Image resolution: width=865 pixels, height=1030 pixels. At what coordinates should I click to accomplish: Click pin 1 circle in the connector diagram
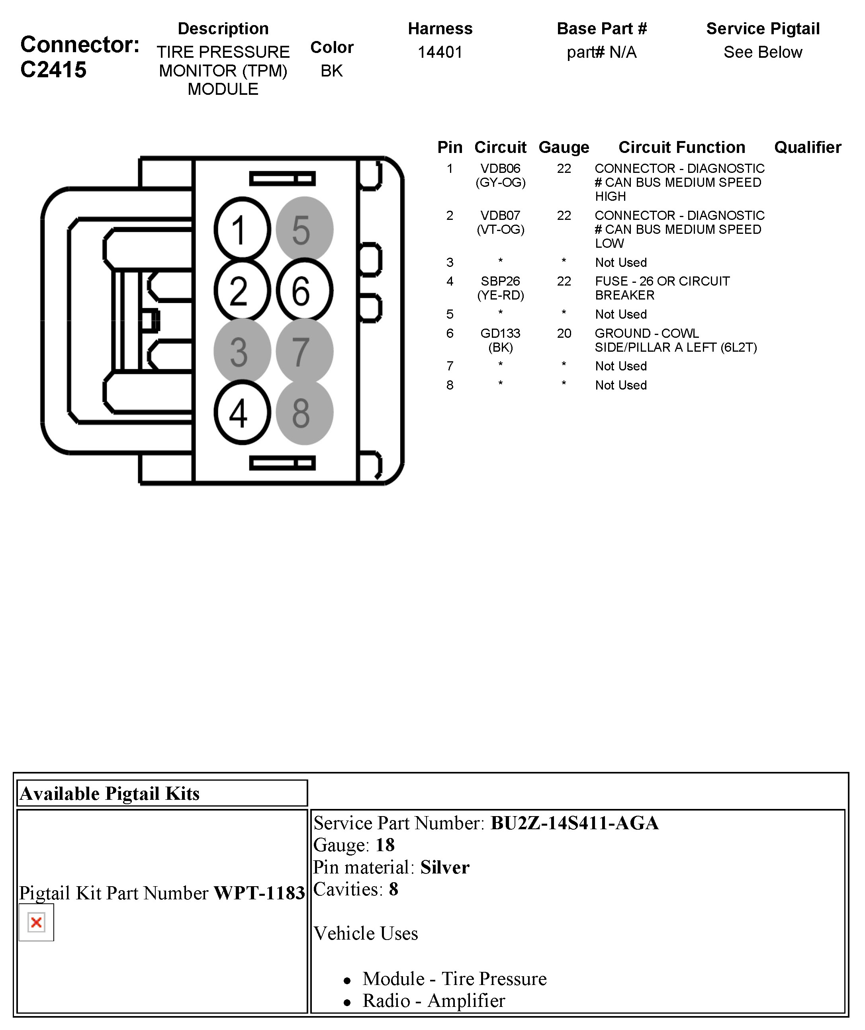(242, 229)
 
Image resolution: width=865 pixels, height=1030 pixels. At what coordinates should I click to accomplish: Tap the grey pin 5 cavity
(305, 229)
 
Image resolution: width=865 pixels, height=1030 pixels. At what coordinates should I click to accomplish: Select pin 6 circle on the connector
(305, 291)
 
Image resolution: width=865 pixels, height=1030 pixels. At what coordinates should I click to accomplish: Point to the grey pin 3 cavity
(242, 352)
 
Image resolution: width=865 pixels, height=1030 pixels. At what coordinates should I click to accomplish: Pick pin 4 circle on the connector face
(242, 413)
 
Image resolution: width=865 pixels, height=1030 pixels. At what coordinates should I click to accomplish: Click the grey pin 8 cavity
(305, 413)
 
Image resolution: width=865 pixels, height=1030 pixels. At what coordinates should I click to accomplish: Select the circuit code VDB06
(500, 169)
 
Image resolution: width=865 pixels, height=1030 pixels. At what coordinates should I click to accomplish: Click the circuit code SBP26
(500, 282)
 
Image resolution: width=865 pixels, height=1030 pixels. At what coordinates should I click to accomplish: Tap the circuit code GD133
(500, 333)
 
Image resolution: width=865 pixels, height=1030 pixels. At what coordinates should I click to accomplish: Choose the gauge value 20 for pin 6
(564, 333)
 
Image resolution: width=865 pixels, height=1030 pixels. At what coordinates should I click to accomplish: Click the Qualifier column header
(808, 147)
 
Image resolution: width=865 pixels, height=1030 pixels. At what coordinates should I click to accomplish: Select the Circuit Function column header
(681, 147)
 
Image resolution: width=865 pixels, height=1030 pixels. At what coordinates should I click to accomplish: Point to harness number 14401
(440, 52)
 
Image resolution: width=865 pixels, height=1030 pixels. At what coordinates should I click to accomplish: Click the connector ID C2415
(53, 70)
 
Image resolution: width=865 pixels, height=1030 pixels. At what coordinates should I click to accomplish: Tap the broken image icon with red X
(36, 922)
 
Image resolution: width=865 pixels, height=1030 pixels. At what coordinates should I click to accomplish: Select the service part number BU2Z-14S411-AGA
(574, 823)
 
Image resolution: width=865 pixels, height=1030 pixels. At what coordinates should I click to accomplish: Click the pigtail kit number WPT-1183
(259, 893)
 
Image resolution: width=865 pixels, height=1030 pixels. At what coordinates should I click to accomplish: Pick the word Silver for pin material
(445, 867)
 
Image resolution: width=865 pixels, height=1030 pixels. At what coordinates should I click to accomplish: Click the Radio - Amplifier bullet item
(433, 1001)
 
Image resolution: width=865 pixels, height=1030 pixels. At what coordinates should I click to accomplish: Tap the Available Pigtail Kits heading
(110, 793)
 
